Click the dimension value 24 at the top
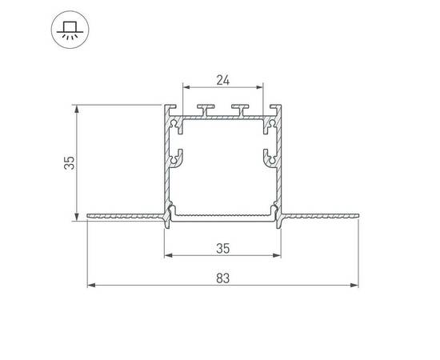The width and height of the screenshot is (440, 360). tap(223, 79)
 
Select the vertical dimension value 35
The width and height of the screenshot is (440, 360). tap(70, 163)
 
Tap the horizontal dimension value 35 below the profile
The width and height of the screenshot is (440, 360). tap(224, 248)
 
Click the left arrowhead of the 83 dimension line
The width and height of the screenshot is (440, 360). tap(90, 285)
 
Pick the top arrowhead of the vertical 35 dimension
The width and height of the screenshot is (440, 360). tap(77, 107)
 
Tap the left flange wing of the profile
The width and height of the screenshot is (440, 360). tap(124, 215)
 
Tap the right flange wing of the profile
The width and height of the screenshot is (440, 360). tap(320, 215)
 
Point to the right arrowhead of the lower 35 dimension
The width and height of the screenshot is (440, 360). tap(281, 256)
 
